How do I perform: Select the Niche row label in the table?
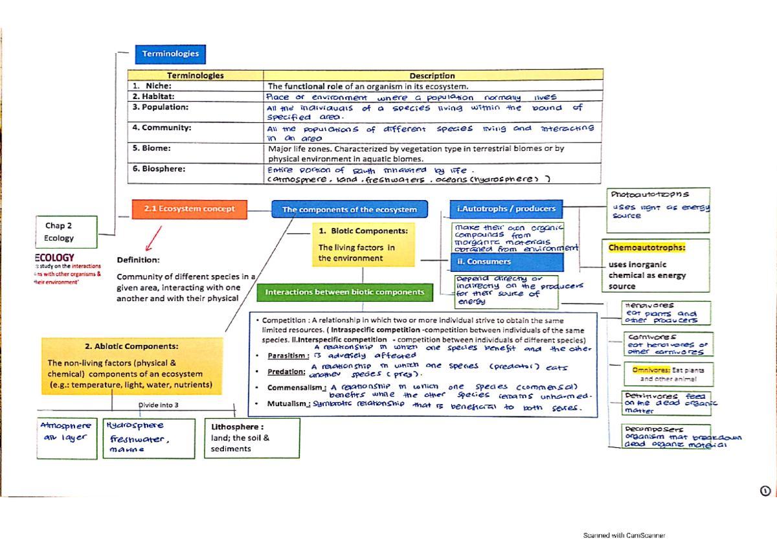[x=152, y=86]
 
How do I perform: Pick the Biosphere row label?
[x=159, y=168]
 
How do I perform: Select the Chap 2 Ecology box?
[x=59, y=232]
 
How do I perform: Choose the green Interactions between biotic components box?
[x=344, y=293]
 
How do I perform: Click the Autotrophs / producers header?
[x=506, y=208]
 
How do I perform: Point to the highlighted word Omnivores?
[x=646, y=370]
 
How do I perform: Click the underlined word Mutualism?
[x=288, y=403]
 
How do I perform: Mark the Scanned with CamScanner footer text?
[x=624, y=535]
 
